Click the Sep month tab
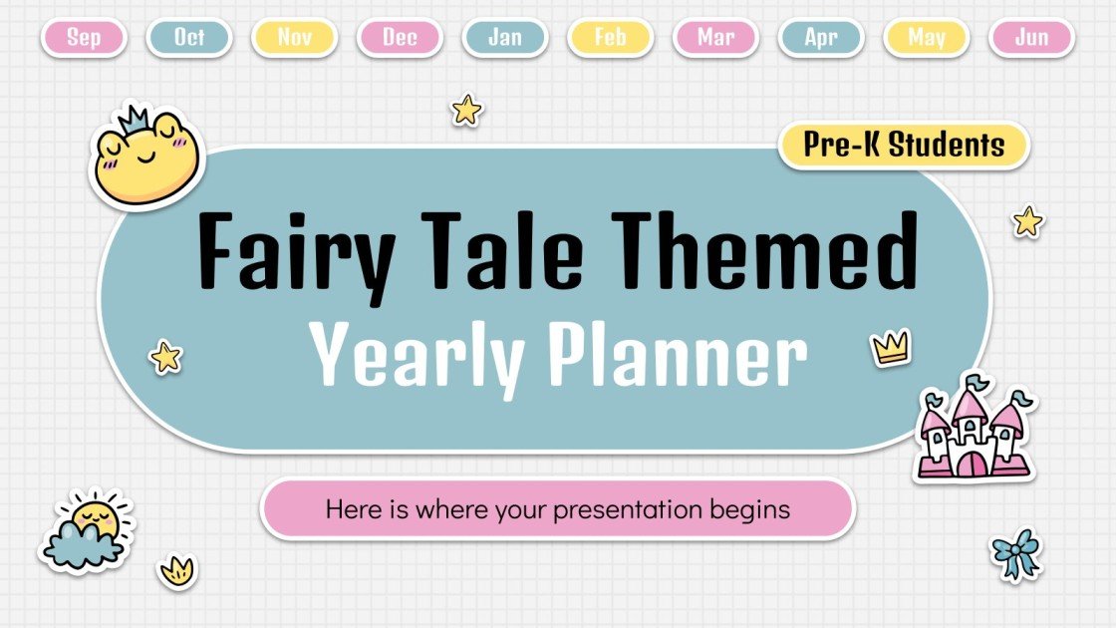click(x=84, y=38)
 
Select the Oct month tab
click(x=189, y=38)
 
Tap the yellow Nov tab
click(x=295, y=38)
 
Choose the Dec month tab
click(x=400, y=38)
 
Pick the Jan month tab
click(x=505, y=38)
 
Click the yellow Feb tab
click(x=610, y=38)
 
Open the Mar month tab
click(x=715, y=38)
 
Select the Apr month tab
click(x=821, y=38)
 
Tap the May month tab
click(x=927, y=38)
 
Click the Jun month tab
click(x=1031, y=38)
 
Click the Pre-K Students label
click(x=904, y=146)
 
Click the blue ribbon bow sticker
click(x=1015, y=554)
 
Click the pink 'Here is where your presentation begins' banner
click(x=557, y=510)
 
